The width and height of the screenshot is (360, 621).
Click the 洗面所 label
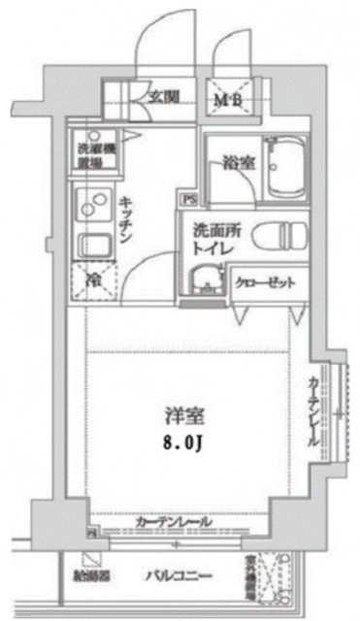tap(213, 231)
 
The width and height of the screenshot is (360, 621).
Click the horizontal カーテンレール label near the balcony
tap(175, 523)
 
